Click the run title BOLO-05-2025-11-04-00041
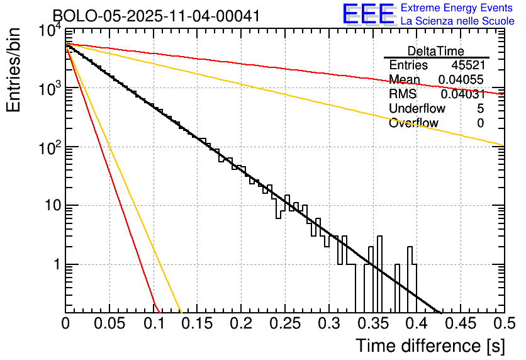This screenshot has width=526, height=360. [x=156, y=16]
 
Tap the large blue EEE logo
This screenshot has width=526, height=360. [x=368, y=14]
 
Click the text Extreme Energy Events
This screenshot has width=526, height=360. [x=457, y=8]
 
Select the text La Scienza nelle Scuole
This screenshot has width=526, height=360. [x=457, y=21]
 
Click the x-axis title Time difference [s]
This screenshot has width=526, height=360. [x=430, y=346]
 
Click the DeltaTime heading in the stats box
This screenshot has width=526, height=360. [x=435, y=51]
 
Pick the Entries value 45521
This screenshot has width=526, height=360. [x=467, y=65]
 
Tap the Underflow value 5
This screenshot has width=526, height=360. [x=480, y=109]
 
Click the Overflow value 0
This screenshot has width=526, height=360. [x=480, y=123]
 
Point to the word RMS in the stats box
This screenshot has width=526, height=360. [x=403, y=94]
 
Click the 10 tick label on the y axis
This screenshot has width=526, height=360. [x=49, y=206]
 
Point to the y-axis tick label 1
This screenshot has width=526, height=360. [x=55, y=265]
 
